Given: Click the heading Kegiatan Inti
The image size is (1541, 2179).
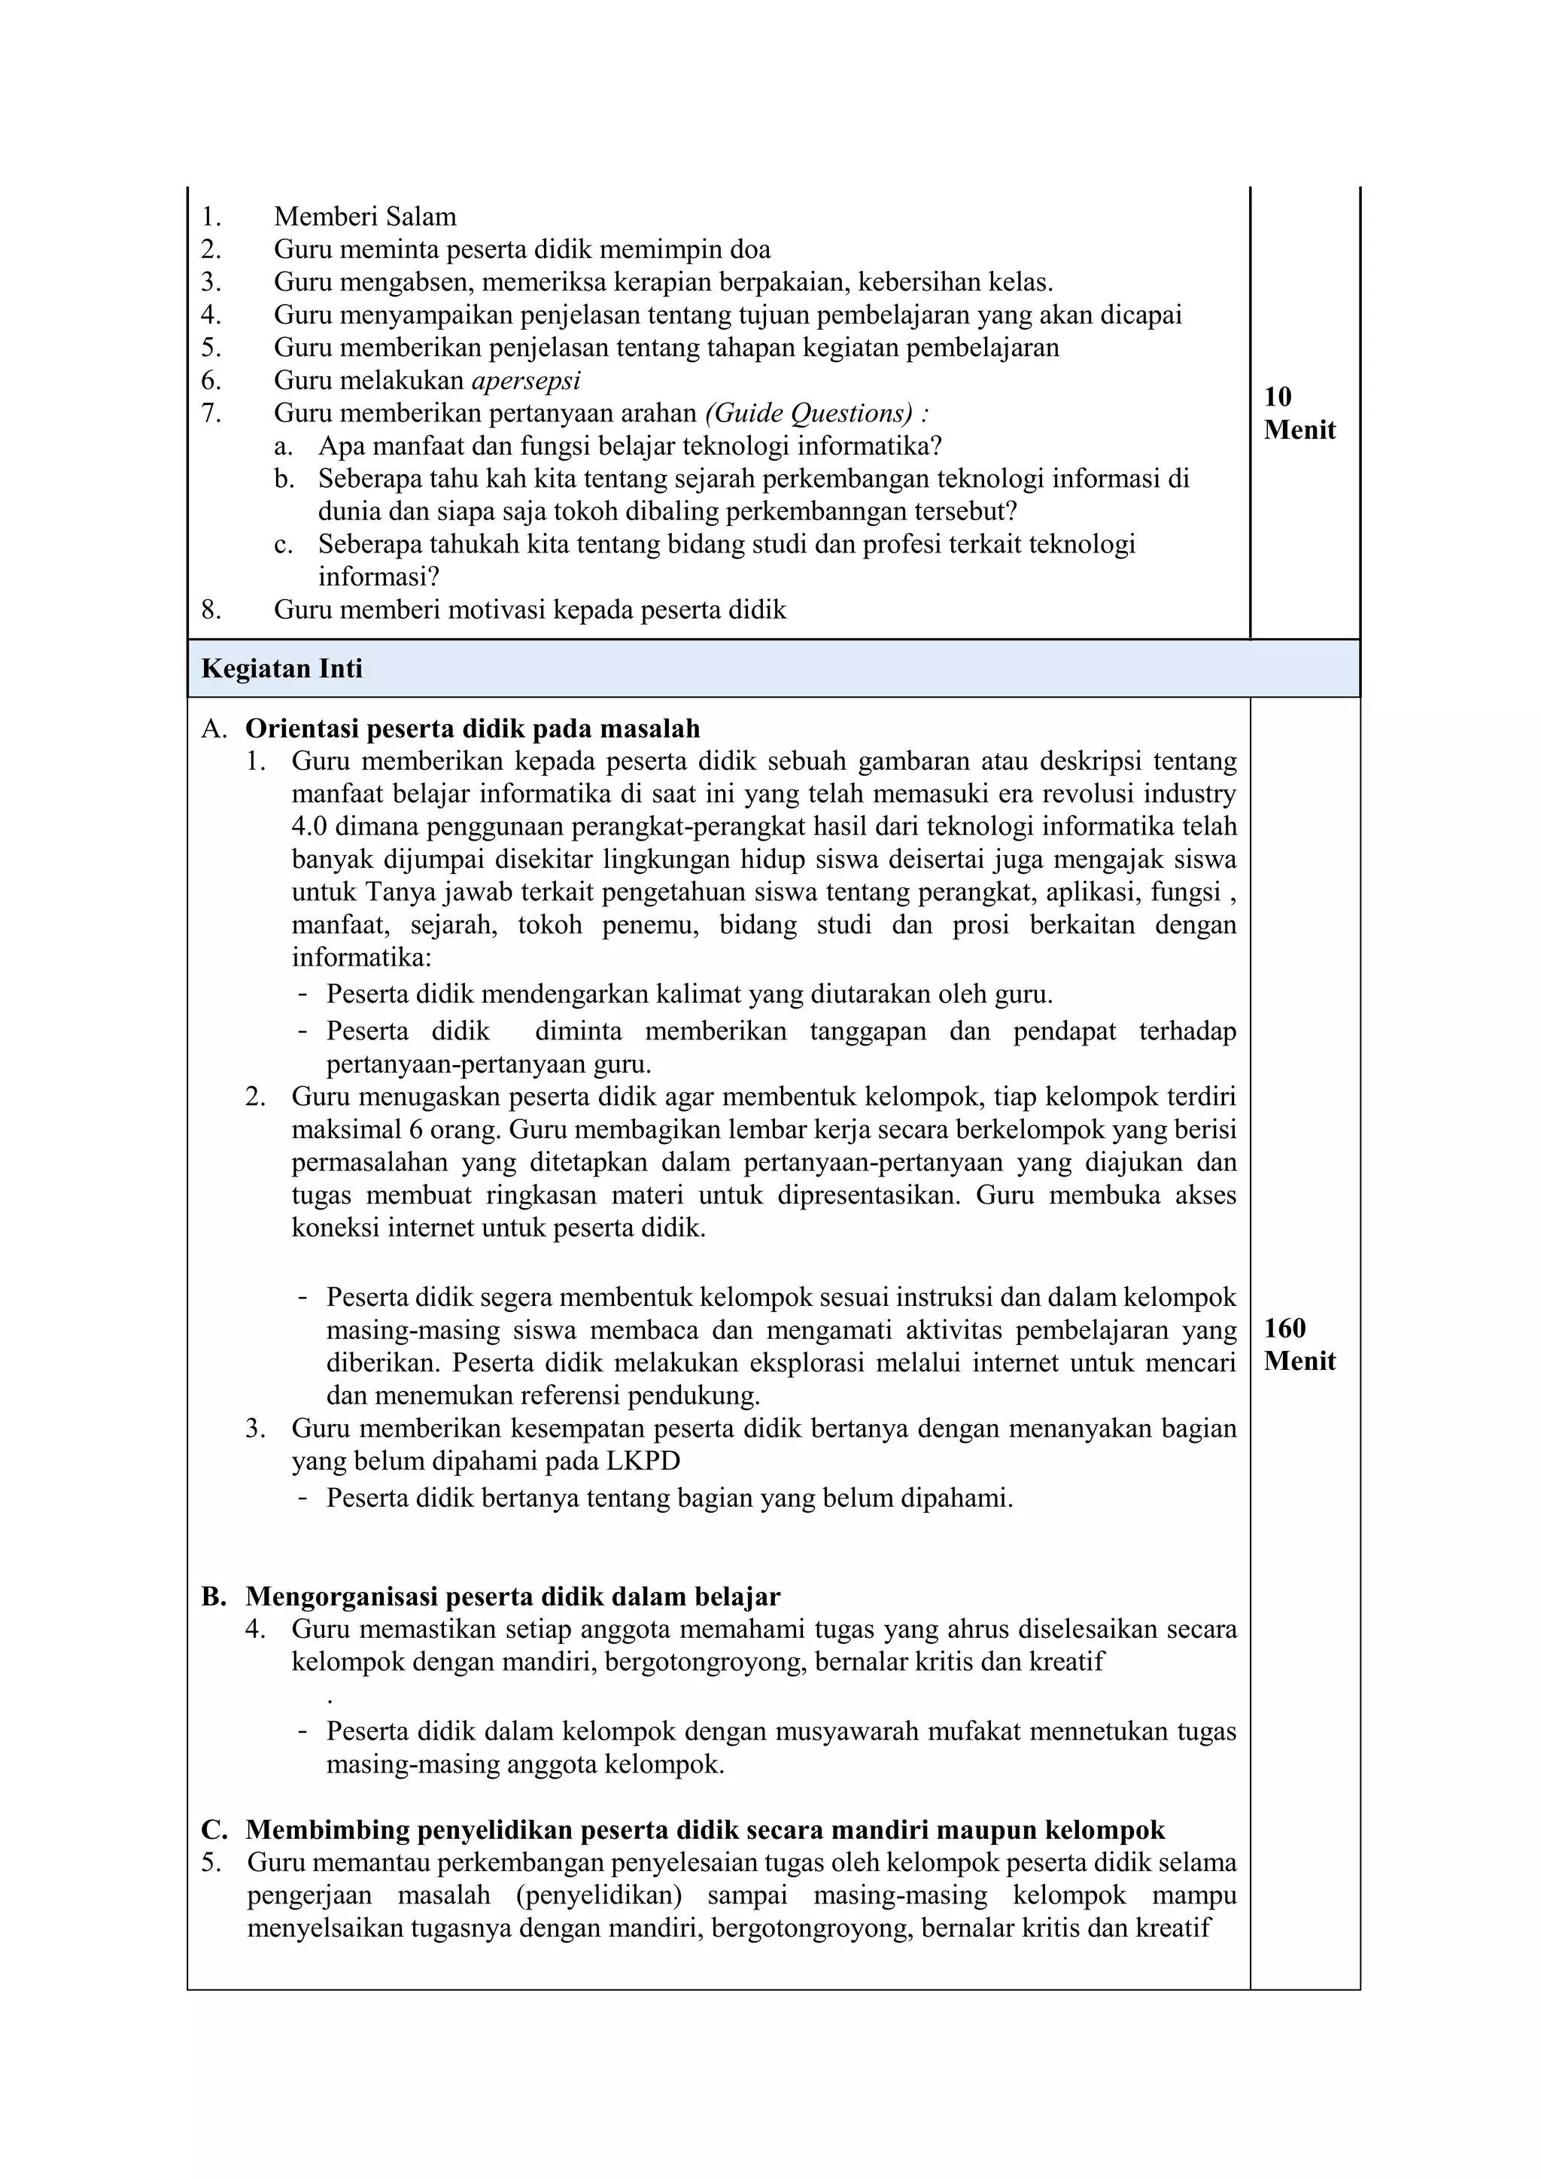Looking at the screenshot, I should click(x=282, y=669).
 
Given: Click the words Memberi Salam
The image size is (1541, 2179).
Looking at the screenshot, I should click(x=364, y=216).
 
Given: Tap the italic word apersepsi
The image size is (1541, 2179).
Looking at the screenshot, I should click(x=526, y=381).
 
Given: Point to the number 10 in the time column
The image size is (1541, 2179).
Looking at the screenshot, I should click(x=1277, y=397).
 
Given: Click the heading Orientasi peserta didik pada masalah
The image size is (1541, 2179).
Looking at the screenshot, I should click(x=473, y=729).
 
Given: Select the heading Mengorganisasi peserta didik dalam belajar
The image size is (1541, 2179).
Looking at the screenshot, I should click(x=512, y=1596).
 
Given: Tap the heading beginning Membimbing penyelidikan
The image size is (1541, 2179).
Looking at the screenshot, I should click(x=705, y=1830).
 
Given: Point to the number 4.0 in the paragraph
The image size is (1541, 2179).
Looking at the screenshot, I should click(x=309, y=826).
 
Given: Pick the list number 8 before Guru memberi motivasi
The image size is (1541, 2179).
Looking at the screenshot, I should click(x=210, y=609).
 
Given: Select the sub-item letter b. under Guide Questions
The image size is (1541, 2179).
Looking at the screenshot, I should click(x=284, y=479).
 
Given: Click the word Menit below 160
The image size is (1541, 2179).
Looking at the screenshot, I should click(x=1299, y=1361).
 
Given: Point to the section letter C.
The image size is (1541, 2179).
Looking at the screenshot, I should click(x=214, y=1830).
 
